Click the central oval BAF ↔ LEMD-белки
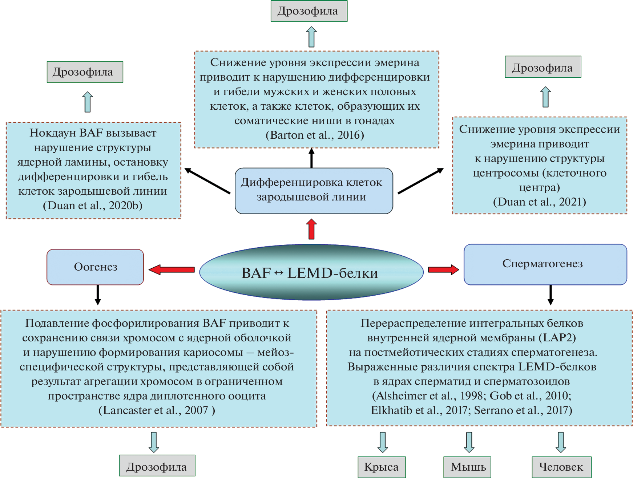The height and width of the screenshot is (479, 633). click(x=311, y=272)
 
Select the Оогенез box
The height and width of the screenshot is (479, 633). click(x=95, y=267)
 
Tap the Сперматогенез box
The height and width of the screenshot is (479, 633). click(x=545, y=264)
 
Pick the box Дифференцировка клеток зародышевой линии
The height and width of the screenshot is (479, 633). click(x=314, y=190)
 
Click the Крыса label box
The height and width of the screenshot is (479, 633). click(x=382, y=467)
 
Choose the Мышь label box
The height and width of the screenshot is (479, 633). click(x=467, y=467)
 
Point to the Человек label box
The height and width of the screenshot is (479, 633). click(x=561, y=467)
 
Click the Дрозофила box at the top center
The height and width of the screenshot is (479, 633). click(x=309, y=11)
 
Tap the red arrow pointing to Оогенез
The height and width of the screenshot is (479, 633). click(x=172, y=269)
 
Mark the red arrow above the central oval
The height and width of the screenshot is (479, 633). click(x=311, y=229)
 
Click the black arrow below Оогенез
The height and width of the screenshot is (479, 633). click(x=98, y=295)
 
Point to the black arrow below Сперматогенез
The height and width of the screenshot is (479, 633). click(x=551, y=295)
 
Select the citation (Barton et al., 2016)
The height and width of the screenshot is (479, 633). click(x=315, y=135)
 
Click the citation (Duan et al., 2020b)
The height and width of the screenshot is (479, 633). click(x=93, y=206)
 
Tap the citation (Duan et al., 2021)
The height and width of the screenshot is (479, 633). click(x=539, y=202)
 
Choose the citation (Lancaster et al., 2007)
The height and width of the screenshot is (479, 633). click(x=157, y=410)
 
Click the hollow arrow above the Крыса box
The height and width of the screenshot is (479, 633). click(x=383, y=442)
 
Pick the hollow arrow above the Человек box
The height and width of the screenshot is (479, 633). click(x=561, y=442)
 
